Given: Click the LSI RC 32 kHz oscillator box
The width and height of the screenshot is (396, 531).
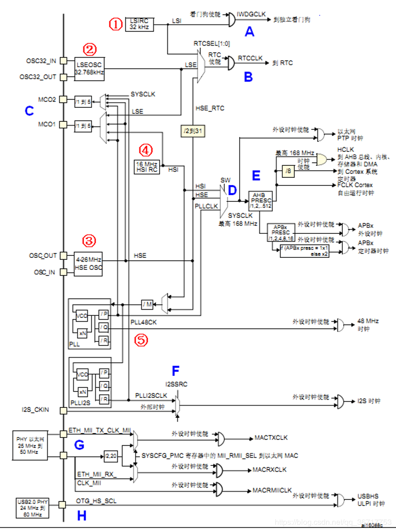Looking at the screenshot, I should pos(139,24).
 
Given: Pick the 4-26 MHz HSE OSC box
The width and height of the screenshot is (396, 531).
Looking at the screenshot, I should pos(88,264).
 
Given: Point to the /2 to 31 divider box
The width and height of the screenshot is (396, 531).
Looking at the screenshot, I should pos(194,131).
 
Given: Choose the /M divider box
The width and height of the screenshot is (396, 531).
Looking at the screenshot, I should pos(147,304).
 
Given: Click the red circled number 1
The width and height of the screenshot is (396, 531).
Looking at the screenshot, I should pos(115,24).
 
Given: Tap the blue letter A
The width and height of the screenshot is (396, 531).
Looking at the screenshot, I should pos(248,33).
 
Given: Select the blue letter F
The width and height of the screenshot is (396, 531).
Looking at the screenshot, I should pos(176,370).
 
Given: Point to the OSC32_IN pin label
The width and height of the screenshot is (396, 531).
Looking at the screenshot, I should pos(41,61).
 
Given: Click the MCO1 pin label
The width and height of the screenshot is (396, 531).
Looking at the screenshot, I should pos(47,124).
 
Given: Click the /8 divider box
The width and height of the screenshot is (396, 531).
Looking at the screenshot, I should pos(288,171).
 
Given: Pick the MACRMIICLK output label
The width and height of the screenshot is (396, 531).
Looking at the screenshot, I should pos(272,490).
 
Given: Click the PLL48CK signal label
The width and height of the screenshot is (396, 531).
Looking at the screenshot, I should pos(144,323).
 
